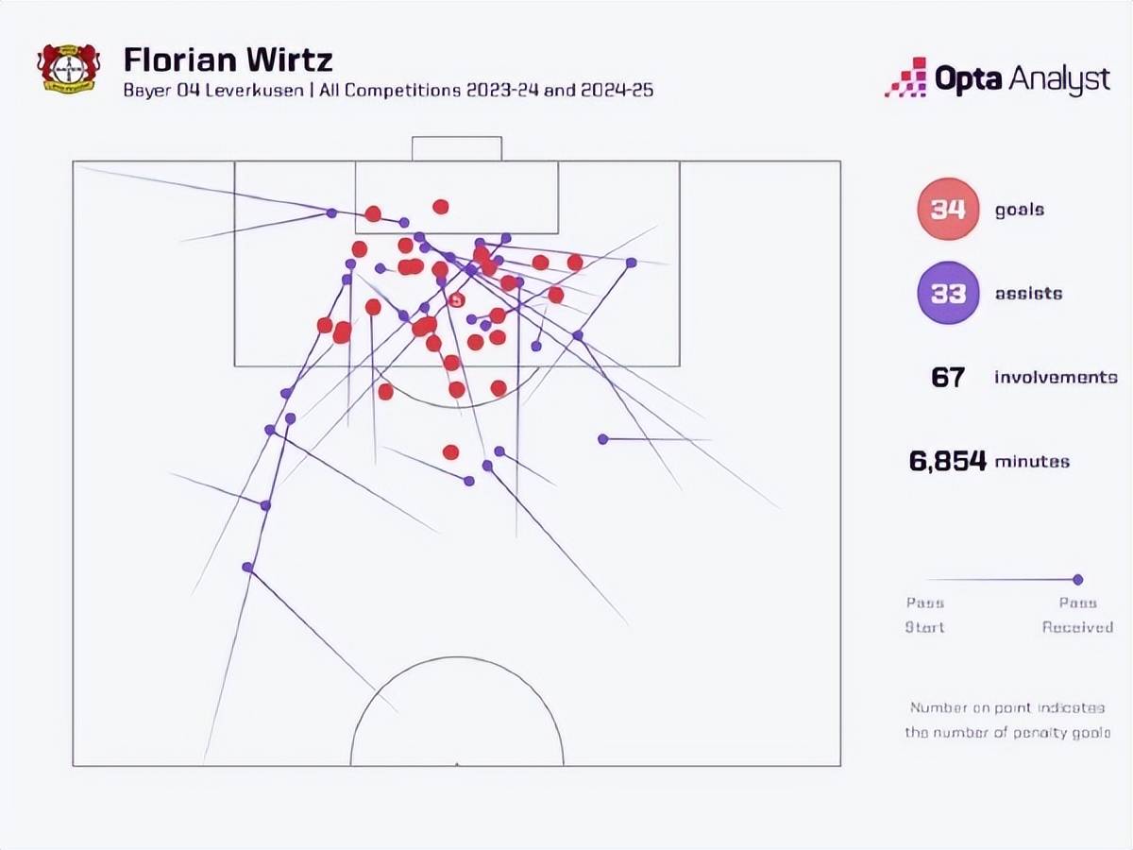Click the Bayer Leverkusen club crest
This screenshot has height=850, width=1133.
[68, 67]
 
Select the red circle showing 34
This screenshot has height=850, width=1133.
[947, 209]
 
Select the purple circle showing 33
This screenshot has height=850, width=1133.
[947, 293]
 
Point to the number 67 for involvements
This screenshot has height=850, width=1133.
[947, 378]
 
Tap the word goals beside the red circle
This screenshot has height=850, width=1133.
[1020, 209]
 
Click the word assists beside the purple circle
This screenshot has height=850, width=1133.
[1028, 293]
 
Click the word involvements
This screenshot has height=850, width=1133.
[1056, 378]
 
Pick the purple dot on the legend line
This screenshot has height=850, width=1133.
[1077, 580]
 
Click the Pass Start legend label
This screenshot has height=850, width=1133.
[925, 615]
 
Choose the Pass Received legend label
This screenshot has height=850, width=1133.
[1077, 615]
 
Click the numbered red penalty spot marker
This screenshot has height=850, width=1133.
[457, 300]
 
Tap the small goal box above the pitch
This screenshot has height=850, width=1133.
[456, 148]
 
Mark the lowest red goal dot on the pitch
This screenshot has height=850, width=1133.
[450, 452]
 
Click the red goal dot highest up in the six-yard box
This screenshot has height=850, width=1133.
[440, 207]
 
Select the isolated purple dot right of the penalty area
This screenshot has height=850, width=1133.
[602, 438]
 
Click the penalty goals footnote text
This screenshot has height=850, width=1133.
[1006, 720]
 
